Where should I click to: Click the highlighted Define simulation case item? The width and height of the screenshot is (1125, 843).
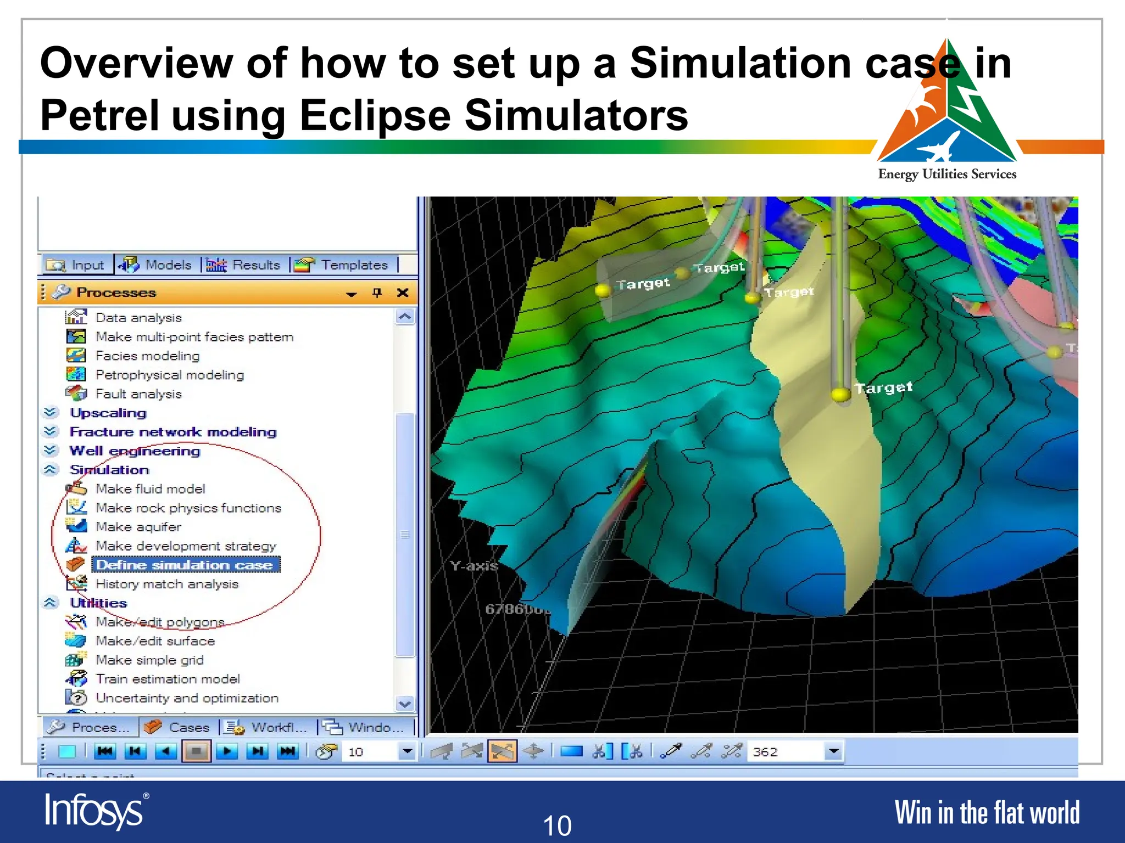tap(185, 565)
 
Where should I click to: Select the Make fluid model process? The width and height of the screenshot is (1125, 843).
tap(150, 489)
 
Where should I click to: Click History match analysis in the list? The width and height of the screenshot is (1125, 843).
tap(166, 584)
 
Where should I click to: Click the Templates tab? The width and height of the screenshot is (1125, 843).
tap(343, 265)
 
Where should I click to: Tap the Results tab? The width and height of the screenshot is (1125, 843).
tap(245, 265)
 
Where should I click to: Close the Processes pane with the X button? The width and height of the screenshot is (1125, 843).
tap(403, 293)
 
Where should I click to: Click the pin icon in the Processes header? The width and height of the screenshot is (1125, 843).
tap(377, 293)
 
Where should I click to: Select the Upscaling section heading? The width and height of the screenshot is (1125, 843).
tap(108, 413)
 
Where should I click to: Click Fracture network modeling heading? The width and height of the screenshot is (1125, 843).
tap(172, 432)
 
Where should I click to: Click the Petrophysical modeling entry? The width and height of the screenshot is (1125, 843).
tap(169, 375)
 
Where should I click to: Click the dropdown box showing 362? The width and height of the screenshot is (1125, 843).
tap(794, 751)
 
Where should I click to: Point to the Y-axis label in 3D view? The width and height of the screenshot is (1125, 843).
tap(474, 566)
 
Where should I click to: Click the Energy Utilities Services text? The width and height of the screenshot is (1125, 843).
tap(947, 175)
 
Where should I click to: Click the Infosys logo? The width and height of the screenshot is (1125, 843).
tap(94, 811)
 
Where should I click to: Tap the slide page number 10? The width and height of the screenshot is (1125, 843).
tap(557, 825)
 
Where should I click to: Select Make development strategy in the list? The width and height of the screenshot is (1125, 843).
tap(186, 546)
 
